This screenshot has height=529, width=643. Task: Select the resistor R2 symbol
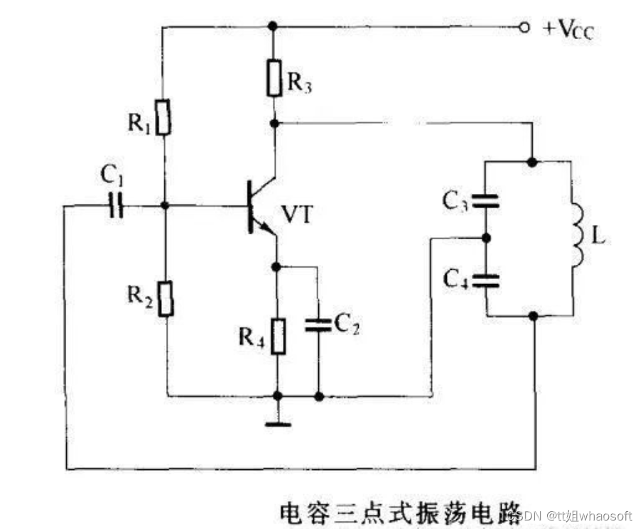[x=166, y=299]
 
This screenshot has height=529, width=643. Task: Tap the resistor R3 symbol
[x=274, y=78]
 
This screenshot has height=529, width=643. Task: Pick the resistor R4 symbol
[x=279, y=336]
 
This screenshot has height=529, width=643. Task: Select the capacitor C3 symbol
[x=487, y=202]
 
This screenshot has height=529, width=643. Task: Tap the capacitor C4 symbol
[x=487, y=278]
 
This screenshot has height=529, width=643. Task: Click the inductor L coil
[x=575, y=234]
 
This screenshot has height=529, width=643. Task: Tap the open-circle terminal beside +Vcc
[x=524, y=28]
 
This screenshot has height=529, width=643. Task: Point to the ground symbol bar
[x=278, y=425]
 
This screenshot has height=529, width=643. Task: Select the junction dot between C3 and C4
[x=487, y=238]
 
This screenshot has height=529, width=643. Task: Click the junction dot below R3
[x=274, y=123]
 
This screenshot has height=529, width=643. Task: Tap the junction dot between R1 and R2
[x=165, y=206]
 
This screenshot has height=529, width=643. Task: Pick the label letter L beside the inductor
[x=598, y=236]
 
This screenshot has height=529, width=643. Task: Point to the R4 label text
[x=249, y=337]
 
